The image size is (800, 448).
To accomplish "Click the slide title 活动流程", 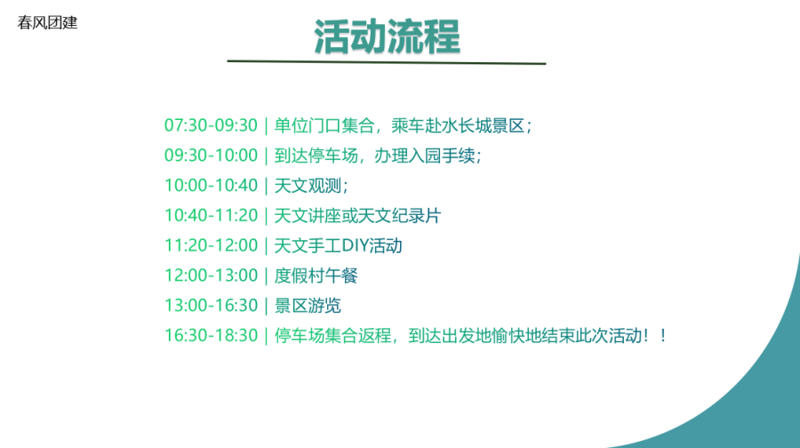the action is pyautogui.click(x=387, y=36).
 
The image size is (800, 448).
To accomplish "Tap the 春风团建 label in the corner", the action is pyautogui.click(x=47, y=22).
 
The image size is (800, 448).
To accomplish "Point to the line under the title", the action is pyautogui.click(x=387, y=62).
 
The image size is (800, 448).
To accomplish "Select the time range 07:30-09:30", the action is pyautogui.click(x=211, y=125).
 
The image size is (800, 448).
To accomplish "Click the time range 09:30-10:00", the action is pyautogui.click(x=211, y=156).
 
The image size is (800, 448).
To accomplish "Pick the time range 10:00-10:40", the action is pyautogui.click(x=211, y=186).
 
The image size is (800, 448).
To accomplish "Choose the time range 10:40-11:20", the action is pyautogui.click(x=211, y=216).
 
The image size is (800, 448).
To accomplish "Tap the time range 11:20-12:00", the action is pyautogui.click(x=211, y=245).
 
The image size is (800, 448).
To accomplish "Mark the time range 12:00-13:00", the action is pyautogui.click(x=211, y=276).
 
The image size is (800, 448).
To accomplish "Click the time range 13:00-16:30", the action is pyautogui.click(x=211, y=306).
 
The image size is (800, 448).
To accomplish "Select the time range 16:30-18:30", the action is pyautogui.click(x=211, y=336).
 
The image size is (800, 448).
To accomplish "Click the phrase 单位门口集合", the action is pyautogui.click(x=324, y=125).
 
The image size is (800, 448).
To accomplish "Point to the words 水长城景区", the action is pyautogui.click(x=483, y=125).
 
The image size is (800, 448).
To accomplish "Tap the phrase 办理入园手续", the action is pyautogui.click(x=425, y=156).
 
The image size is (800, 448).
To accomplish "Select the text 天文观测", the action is pyautogui.click(x=308, y=186).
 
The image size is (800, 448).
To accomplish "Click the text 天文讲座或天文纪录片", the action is pyautogui.click(x=357, y=216).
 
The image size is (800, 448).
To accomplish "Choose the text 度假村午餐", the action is pyautogui.click(x=316, y=276).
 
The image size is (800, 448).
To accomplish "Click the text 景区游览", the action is pyautogui.click(x=308, y=306).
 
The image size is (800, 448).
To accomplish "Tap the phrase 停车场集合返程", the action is pyautogui.click(x=332, y=336).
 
